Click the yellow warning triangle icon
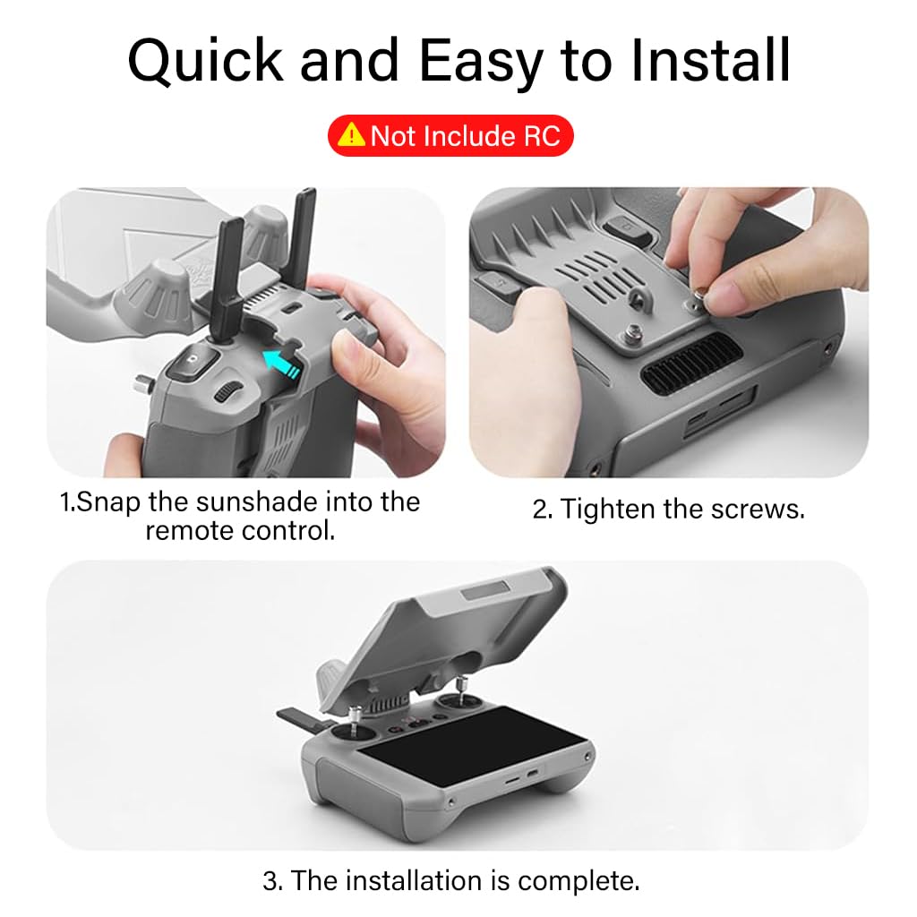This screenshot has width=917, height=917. tap(354, 136)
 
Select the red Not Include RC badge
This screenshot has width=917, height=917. tap(450, 136)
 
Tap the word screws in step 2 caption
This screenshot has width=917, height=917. tap(757, 509)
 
